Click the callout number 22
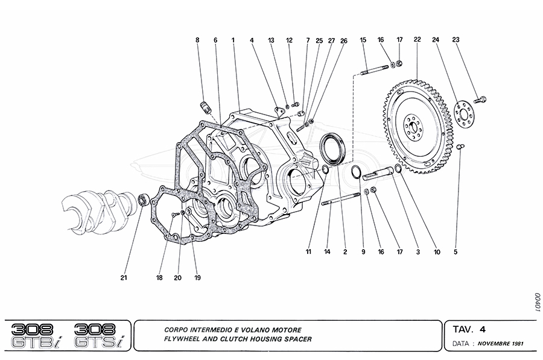(417, 40)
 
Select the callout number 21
(124, 278)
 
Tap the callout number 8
(197, 40)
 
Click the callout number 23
(456, 40)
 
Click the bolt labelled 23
(481, 99)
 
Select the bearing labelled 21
(143, 200)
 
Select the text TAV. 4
(469, 330)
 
